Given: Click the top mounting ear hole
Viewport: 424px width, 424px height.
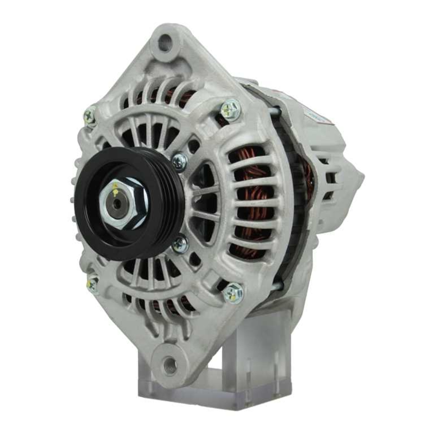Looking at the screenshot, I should coord(165,43).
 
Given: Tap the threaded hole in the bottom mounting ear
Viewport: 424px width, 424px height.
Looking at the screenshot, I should coord(170,364).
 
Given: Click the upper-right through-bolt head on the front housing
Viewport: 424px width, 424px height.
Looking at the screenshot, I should coord(231,109).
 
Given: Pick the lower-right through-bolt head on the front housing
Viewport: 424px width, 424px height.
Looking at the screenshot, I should coord(233,292).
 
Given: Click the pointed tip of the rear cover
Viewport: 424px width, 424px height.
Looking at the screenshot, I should coord(361,178).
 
